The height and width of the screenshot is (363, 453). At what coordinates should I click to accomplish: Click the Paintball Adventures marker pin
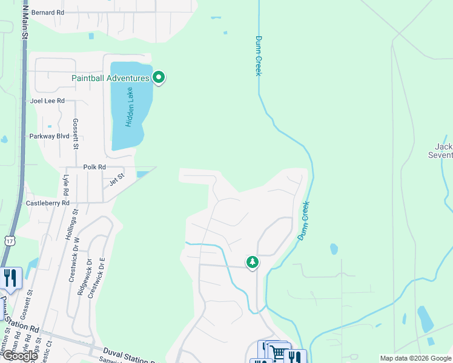159,77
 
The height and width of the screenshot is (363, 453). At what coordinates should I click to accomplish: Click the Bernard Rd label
47,12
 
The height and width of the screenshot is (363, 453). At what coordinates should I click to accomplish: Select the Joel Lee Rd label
47,101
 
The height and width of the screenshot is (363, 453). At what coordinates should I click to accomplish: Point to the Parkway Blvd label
49,136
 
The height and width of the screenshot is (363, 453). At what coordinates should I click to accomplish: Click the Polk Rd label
94,167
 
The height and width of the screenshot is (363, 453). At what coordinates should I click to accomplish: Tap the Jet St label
116,178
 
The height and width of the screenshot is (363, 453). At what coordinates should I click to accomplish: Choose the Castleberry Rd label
47,203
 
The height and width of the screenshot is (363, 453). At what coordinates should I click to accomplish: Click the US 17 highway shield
9,241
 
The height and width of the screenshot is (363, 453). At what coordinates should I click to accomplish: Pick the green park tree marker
252,262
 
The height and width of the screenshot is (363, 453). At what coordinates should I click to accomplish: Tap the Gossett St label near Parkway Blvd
76,134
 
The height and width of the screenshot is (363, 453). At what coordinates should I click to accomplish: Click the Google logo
19,356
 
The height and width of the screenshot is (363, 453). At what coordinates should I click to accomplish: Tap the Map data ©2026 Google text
415,358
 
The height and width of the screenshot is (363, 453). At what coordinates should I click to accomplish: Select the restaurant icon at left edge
10,278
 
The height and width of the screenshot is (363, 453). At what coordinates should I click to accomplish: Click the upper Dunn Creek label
258,56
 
